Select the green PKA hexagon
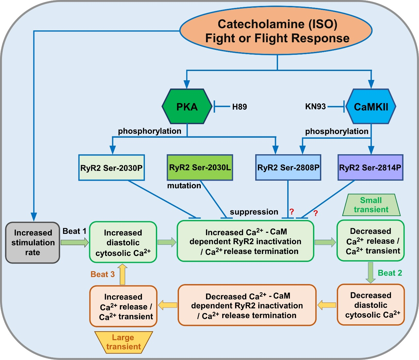[187, 107]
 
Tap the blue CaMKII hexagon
[371, 107]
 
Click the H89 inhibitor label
[239, 107]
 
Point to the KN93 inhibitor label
[315, 106]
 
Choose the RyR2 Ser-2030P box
[112, 168]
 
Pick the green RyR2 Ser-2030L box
[200, 167]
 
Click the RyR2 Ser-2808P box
[288, 167]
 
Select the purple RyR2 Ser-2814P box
[370, 167]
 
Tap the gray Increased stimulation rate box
[33, 242]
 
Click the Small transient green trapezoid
[371, 205]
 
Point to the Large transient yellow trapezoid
[123, 342]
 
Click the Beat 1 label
[74, 231]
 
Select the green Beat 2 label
[390, 273]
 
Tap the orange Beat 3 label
[103, 274]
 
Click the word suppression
[254, 212]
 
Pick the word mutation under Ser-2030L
[184, 186]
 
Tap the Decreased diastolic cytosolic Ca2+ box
[371, 305]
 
